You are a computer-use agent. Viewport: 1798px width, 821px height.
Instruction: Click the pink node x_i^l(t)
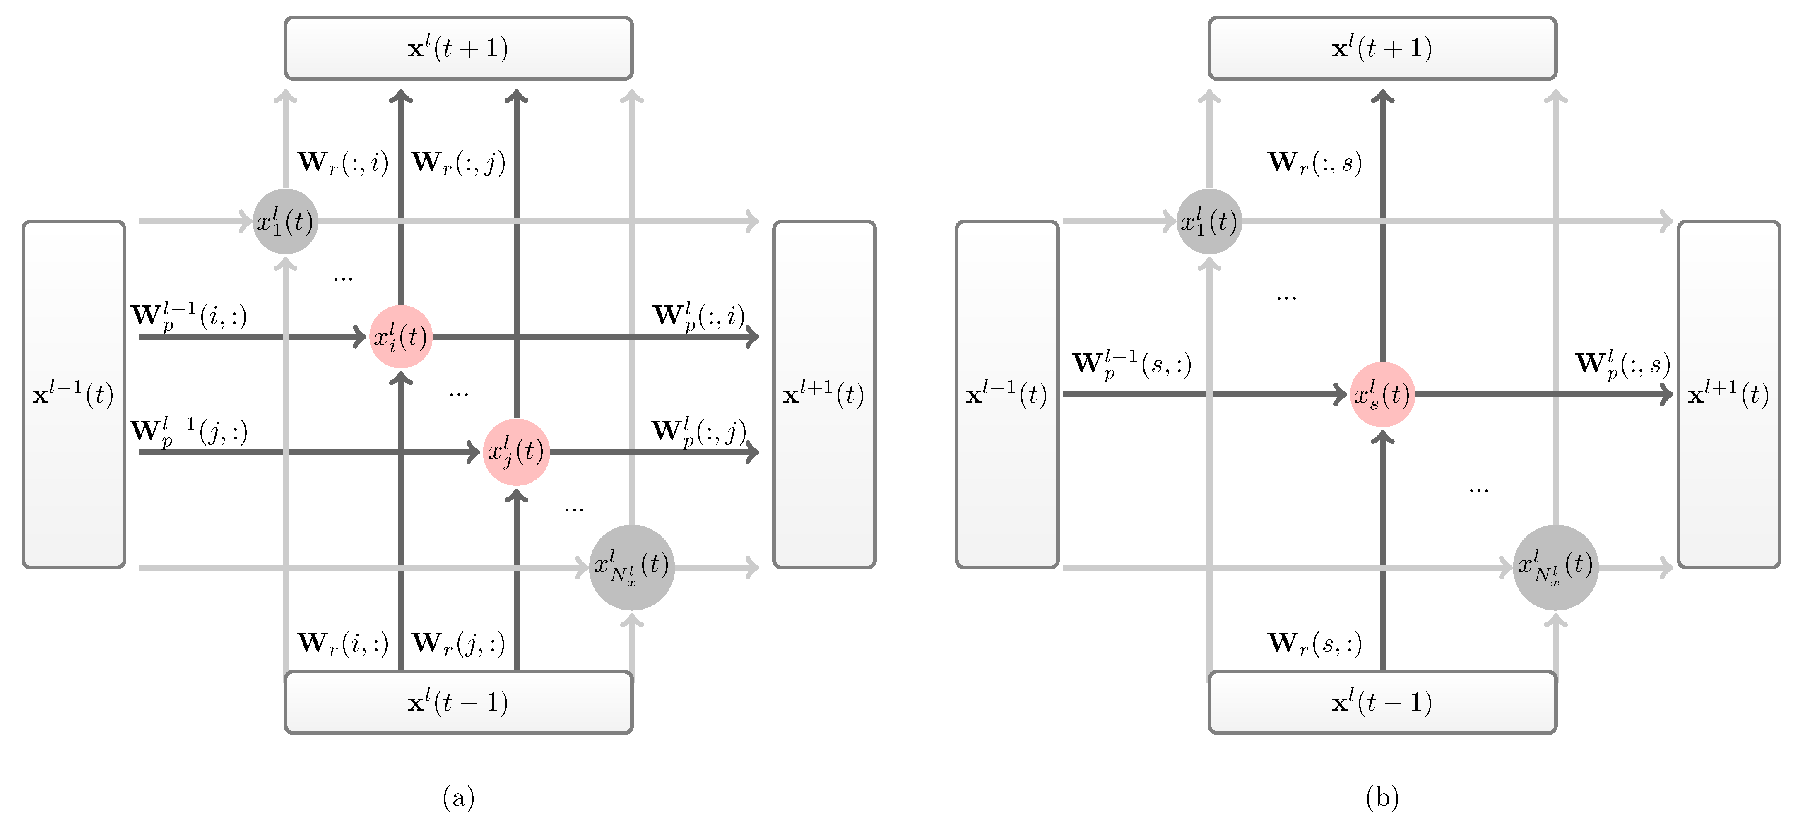(x=401, y=337)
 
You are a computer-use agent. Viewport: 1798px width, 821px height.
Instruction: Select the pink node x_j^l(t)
(x=516, y=452)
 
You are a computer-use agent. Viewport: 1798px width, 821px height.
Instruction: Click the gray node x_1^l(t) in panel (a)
(x=285, y=222)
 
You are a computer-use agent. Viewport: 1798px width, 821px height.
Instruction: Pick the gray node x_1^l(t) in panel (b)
(x=1209, y=222)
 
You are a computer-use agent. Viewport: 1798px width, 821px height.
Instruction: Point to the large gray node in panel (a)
(x=632, y=567)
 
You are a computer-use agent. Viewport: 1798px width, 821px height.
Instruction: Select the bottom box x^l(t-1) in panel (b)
(x=1382, y=702)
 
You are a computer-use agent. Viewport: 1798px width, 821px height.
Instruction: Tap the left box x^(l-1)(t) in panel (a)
(x=73, y=395)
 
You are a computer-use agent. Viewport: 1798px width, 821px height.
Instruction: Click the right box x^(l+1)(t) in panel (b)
(x=1728, y=395)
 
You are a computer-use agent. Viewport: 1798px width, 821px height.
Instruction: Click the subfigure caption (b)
(x=1382, y=797)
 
